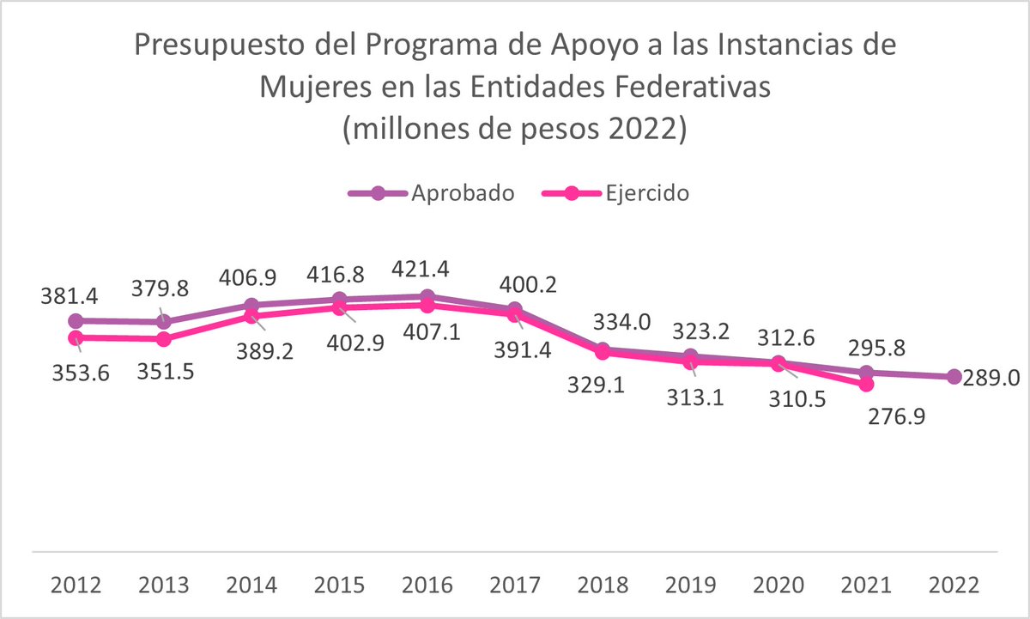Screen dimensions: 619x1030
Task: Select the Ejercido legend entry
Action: pos(616,193)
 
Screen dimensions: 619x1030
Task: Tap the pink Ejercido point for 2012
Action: pos(76,338)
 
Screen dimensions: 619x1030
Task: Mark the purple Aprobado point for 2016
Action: pos(427,297)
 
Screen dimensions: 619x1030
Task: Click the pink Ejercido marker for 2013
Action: pos(163,339)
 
